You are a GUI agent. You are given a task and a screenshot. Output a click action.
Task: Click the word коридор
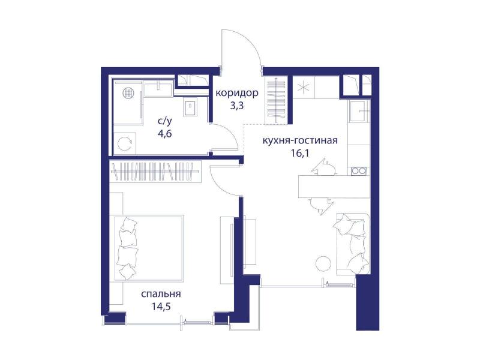tap(237, 93)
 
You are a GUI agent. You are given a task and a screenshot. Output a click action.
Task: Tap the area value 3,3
tap(237, 106)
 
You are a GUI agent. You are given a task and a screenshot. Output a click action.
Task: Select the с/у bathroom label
tap(165, 121)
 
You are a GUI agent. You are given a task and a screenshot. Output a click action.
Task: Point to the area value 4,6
tap(164, 134)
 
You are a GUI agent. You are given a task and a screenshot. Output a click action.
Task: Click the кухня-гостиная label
tap(300, 140)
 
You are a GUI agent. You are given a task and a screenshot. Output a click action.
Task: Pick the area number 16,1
tap(300, 153)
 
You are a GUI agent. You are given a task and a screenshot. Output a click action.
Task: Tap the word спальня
tap(161, 294)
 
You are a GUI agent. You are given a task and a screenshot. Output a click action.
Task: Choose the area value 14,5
tap(161, 306)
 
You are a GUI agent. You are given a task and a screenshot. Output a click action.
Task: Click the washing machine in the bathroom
tap(125, 143)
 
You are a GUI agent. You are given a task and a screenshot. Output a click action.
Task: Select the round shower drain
tap(128, 92)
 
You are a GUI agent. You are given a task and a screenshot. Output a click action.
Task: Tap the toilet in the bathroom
tap(190, 107)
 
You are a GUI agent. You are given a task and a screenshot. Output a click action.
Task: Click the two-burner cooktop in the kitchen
tap(358, 171)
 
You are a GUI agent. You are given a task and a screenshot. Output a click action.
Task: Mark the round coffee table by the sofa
tap(323, 263)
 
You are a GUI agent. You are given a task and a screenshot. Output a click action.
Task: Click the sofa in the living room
tap(353, 244)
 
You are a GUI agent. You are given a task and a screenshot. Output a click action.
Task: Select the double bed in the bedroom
tap(149, 248)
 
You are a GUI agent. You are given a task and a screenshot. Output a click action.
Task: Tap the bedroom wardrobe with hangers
tap(155, 172)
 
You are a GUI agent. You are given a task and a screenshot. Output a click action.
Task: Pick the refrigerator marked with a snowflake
tap(303, 87)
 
